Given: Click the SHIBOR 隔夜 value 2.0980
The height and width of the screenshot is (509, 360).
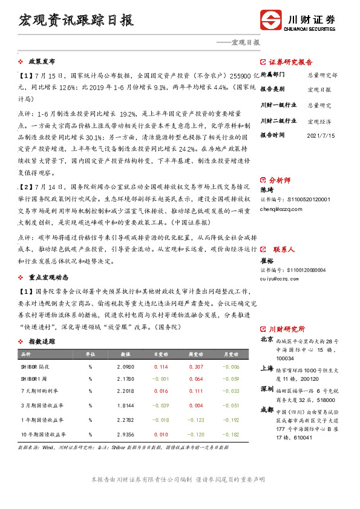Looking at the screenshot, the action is pos(125,367).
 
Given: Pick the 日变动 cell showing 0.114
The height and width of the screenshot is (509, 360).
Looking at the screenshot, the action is pos(161,367).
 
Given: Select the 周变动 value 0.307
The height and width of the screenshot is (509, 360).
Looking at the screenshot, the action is pos(195,367).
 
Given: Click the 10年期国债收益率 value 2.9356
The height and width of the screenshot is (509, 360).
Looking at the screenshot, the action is pos(125,434).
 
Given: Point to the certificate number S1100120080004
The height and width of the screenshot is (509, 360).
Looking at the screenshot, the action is pos(293,270).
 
